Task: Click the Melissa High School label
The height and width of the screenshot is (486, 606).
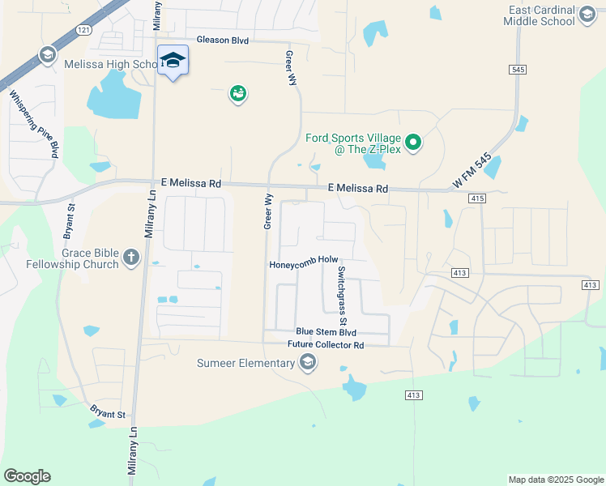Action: click(126, 64)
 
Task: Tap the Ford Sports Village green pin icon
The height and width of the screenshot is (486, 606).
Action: click(414, 144)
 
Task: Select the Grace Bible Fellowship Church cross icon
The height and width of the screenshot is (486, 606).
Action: click(132, 258)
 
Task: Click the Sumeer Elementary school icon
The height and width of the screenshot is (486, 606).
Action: click(307, 363)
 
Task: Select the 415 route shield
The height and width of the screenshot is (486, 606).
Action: click(476, 198)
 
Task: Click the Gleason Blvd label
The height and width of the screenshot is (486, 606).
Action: click(223, 40)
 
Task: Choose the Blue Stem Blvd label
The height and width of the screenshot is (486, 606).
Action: click(326, 332)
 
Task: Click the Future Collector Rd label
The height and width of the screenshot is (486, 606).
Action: click(326, 345)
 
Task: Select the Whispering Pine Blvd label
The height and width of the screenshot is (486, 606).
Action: click(34, 123)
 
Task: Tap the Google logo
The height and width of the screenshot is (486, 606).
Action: click(27, 476)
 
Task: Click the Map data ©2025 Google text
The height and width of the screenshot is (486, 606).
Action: click(555, 480)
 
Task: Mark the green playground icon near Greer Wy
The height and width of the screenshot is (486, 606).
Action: click(237, 95)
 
